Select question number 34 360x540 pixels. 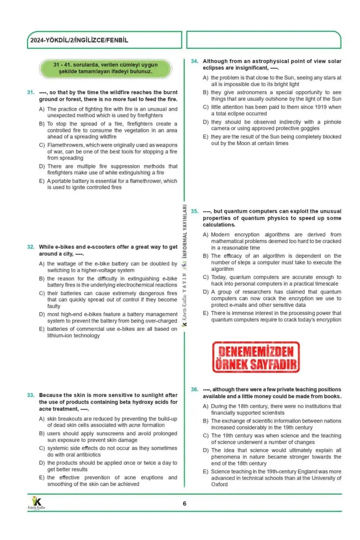click(x=194, y=61)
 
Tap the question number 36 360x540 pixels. click(x=194, y=389)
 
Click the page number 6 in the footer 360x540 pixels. click(x=185, y=504)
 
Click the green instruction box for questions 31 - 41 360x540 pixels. click(x=105, y=68)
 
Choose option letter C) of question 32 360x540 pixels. click(x=42, y=293)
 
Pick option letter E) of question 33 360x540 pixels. click(x=42, y=477)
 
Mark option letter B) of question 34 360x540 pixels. click(x=205, y=92)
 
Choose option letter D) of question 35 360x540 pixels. click(x=205, y=292)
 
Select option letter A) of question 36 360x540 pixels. click(x=205, y=406)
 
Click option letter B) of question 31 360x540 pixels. click(x=42, y=124)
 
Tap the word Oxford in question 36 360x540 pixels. click(x=219, y=485)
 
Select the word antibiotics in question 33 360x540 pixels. click(x=88, y=455)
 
